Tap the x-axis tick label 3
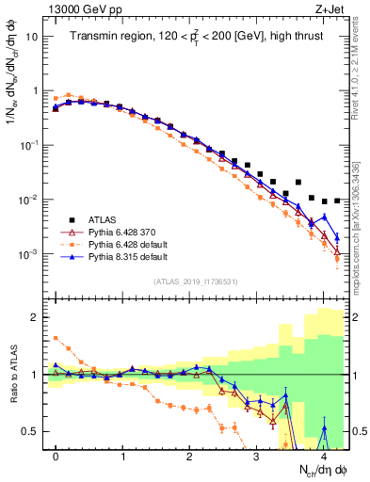[x=257, y=457]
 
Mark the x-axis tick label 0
[x=56, y=457]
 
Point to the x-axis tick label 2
[x=190, y=457]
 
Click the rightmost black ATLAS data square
[x=337, y=201]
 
